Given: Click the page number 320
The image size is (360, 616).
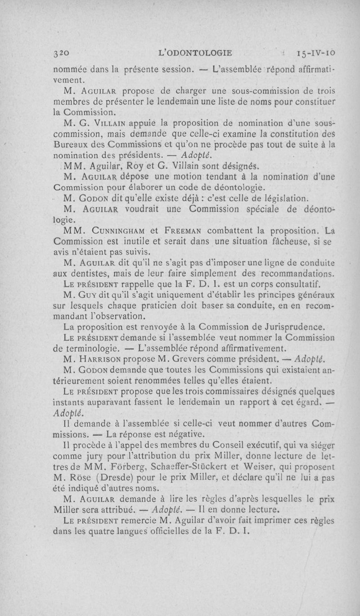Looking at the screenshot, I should [x=60, y=53].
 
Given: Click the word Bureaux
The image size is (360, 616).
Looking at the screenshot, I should [x=71, y=145].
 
